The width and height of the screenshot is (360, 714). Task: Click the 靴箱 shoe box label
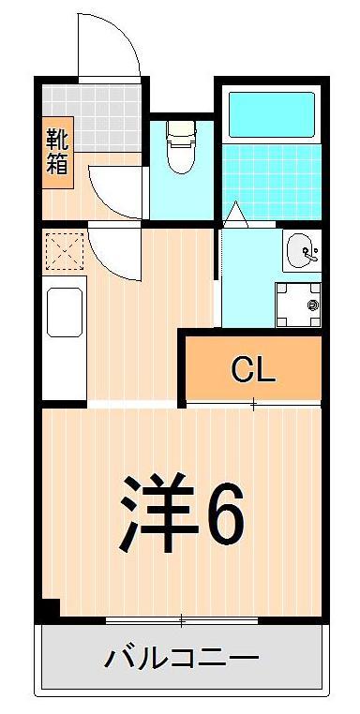(57, 152)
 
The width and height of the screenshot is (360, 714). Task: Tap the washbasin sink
(302, 251)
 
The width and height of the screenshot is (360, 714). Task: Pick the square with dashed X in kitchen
(64, 251)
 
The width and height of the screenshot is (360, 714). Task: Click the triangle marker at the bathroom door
(234, 214)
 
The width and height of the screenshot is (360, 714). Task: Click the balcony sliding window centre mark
(181, 620)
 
